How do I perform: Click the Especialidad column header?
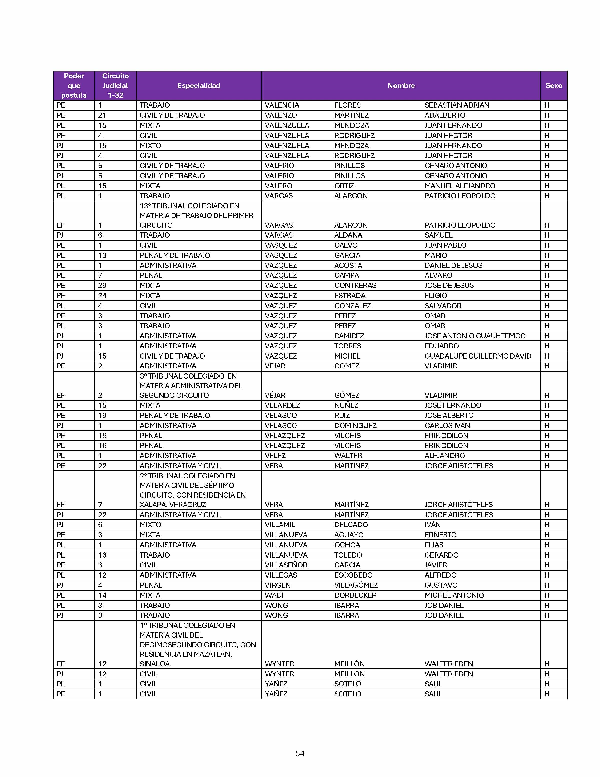click(199, 85)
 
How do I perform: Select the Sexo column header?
click(553, 85)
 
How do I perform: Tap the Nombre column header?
click(401, 85)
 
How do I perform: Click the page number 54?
click(300, 753)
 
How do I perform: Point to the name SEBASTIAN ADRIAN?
click(457, 105)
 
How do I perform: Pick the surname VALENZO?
click(280, 115)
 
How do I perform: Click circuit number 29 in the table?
click(102, 285)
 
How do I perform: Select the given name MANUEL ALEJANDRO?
click(460, 186)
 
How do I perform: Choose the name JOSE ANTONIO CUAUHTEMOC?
click(475, 336)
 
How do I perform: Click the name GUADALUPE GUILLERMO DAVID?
click(478, 356)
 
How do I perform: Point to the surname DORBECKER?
click(355, 595)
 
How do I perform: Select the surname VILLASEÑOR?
click(286, 565)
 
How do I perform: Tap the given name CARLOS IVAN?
click(447, 425)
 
